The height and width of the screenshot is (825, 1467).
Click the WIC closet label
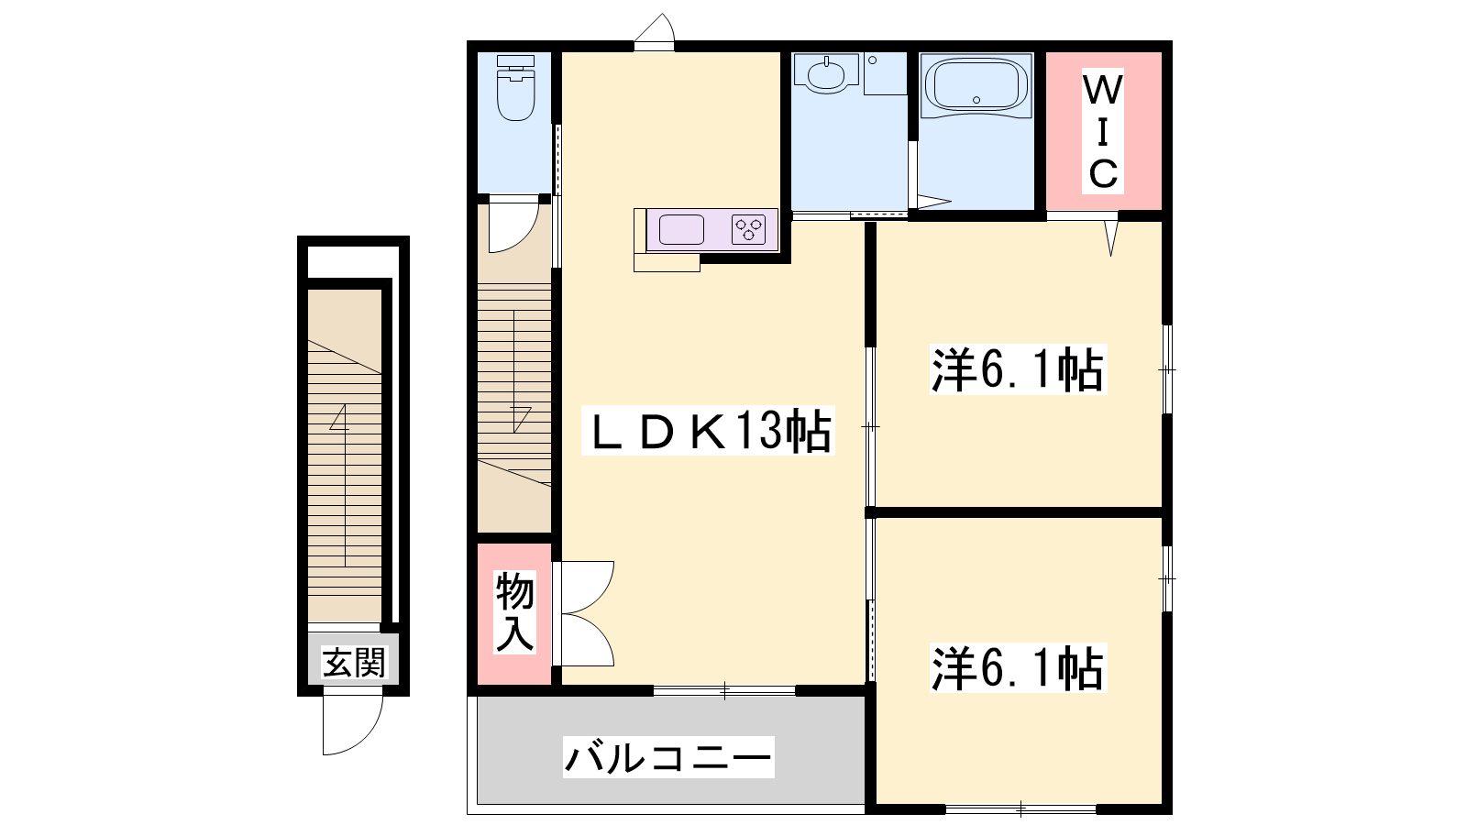(x=1103, y=131)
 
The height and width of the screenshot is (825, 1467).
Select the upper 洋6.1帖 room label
(x=1018, y=369)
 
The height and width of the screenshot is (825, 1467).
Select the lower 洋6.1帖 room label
(x=1018, y=668)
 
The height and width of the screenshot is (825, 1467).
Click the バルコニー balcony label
(x=668, y=757)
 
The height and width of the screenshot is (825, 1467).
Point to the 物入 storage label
(x=514, y=612)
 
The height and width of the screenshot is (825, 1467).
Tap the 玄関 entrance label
(x=354, y=663)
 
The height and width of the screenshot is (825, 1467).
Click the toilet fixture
(x=515, y=88)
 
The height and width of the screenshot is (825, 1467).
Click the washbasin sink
(x=827, y=74)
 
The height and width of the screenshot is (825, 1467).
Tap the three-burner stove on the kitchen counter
(x=748, y=230)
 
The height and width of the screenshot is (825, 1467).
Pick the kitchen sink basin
(x=681, y=230)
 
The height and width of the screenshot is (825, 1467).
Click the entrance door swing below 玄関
(x=352, y=724)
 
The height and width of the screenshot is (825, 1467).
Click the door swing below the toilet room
(x=513, y=225)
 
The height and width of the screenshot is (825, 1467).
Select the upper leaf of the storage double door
(x=583, y=588)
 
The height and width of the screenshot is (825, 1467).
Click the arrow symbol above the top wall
(x=655, y=27)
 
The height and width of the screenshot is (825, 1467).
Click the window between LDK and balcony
(x=724, y=690)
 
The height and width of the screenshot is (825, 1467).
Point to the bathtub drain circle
(x=976, y=100)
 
